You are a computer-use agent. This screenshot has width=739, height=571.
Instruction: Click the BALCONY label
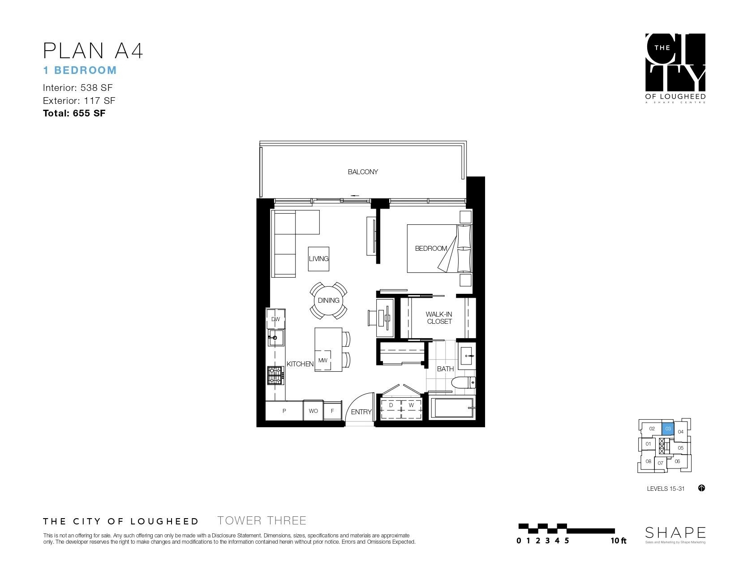click(363, 172)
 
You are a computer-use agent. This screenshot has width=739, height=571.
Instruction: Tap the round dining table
click(328, 301)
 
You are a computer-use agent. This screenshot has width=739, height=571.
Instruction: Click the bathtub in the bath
click(451, 408)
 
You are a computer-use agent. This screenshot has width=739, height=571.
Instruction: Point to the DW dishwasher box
click(276, 319)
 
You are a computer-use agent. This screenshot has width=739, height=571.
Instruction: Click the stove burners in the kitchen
click(275, 375)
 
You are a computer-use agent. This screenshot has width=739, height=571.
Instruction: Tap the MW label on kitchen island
click(322, 361)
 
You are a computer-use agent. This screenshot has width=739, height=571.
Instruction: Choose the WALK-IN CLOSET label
click(439, 318)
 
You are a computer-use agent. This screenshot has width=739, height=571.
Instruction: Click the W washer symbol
click(411, 405)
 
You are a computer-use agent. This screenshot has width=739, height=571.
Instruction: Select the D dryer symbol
click(391, 405)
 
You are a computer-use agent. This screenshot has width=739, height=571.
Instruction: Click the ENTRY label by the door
click(361, 412)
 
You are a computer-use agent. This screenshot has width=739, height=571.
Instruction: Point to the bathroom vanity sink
click(466, 356)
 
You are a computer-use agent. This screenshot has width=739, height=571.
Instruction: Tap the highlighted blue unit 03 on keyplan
click(668, 429)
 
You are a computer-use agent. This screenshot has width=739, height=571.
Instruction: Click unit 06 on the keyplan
click(677, 461)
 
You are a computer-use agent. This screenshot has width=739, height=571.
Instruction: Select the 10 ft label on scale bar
click(619, 541)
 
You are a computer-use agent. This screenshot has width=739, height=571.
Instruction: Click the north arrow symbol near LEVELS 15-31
click(701, 488)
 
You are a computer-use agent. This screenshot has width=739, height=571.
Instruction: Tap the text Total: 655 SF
click(74, 113)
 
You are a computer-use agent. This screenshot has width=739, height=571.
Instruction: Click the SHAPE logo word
click(675, 532)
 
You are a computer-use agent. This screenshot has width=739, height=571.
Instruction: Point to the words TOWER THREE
click(262, 521)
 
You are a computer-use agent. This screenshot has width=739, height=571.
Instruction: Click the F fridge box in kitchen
click(332, 411)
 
